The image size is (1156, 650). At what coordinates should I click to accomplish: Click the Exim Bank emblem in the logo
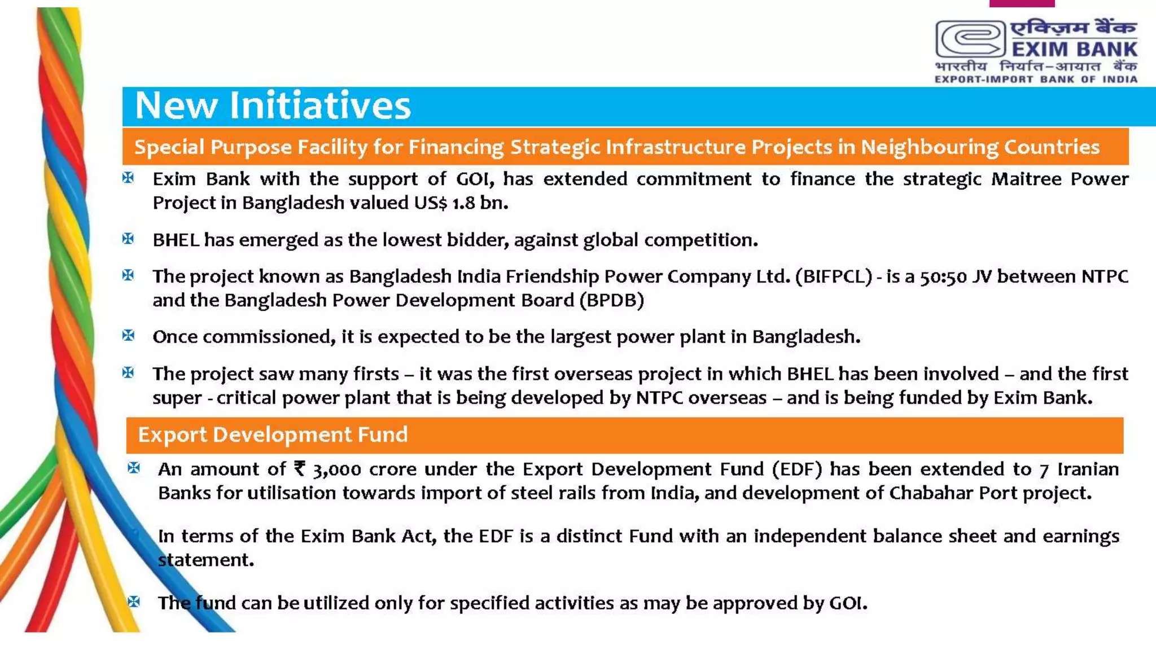[970, 39]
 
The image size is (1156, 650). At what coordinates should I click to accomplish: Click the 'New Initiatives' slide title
[273, 106]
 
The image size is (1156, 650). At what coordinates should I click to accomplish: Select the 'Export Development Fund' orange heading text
[273, 435]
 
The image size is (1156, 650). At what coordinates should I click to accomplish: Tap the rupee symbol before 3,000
[300, 469]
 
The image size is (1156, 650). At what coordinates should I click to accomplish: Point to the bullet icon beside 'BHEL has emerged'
[128, 239]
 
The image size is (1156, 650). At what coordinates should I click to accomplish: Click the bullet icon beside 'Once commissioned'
[128, 335]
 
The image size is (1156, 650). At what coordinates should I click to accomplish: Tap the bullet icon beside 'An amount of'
[134, 468]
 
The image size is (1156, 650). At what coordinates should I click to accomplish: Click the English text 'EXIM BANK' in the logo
[1074, 49]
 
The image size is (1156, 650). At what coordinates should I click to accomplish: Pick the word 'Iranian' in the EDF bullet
[1088, 469]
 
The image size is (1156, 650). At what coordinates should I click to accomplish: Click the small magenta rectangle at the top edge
[1022, 3]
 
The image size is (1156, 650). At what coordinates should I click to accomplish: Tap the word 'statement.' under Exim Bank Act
[206, 560]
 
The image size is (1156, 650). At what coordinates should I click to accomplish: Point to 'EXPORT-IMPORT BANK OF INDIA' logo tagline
[1036, 80]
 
